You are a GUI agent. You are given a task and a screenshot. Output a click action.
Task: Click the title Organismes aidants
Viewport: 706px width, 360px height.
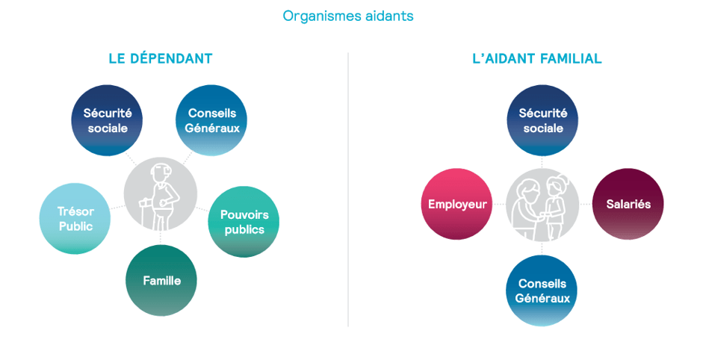pos(347,16)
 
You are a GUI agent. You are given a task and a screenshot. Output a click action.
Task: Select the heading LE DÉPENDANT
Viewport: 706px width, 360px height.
pos(161,59)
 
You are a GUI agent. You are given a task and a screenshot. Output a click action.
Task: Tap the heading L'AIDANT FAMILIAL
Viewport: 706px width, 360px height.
pos(536,59)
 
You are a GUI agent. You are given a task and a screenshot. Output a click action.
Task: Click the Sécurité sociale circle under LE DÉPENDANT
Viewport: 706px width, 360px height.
pos(107,120)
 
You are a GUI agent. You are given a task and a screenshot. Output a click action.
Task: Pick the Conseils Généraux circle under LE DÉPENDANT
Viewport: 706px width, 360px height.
pos(211,120)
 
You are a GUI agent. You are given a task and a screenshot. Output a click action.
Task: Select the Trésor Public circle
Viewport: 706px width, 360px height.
pos(75,219)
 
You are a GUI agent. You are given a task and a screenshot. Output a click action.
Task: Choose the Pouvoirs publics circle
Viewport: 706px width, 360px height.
pos(243,222)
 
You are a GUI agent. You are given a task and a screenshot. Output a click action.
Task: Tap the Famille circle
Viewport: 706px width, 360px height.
pos(161,280)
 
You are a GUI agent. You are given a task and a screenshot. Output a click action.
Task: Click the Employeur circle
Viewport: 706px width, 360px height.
pos(456,204)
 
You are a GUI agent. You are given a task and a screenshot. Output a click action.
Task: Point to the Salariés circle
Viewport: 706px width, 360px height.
pos(628,204)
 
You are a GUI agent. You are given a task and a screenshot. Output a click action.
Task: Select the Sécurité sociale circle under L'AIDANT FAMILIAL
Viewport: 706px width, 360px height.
pos(542,120)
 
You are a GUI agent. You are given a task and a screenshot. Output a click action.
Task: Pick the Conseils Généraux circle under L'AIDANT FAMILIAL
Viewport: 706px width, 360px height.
pos(542,290)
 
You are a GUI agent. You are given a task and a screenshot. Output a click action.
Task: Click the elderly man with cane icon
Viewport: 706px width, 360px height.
pos(161,194)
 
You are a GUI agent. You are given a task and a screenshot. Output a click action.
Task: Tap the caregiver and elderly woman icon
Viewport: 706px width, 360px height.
pos(542,204)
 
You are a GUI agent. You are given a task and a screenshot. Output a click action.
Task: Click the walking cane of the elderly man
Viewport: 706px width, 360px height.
pos(146,213)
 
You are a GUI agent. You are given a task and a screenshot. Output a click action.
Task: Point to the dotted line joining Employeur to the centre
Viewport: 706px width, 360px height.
pos(498,204)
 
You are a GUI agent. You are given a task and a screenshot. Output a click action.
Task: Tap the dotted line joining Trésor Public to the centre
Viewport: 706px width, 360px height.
pos(117,205)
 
